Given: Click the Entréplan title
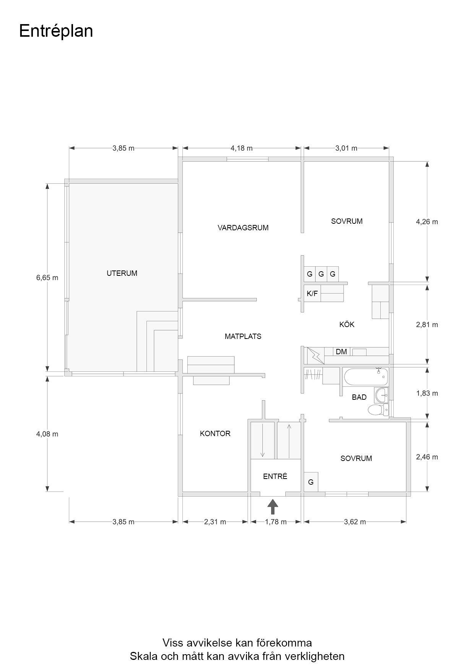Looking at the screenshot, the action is (56, 31).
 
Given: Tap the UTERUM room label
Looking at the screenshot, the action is (122, 273).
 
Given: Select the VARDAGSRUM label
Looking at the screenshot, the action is (243, 228).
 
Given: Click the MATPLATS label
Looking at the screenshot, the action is (243, 336).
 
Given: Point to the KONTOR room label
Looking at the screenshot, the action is (215, 433).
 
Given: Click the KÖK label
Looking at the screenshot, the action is (347, 324).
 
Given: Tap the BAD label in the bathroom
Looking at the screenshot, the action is (359, 397).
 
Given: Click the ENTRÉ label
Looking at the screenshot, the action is (275, 476).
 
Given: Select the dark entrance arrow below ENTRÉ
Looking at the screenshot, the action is (273, 507).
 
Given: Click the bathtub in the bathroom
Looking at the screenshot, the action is (366, 378).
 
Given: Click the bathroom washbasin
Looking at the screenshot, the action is (381, 395).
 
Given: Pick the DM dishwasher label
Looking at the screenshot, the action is (341, 352).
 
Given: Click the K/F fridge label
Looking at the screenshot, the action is (312, 293).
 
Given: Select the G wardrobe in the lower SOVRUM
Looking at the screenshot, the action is (311, 482).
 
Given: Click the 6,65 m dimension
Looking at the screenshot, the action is (47, 278).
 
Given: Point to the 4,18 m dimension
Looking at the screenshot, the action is (242, 148).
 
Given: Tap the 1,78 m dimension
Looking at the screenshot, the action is (276, 522).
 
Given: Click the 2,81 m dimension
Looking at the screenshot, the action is (427, 324).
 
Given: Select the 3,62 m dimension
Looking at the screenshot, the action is (355, 522).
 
